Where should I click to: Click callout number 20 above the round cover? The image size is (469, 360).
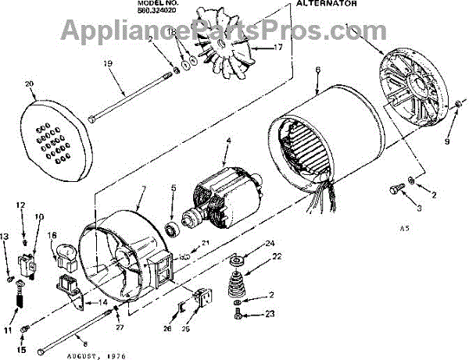(30, 84)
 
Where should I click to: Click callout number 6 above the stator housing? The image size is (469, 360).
(318, 70)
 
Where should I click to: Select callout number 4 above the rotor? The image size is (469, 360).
(228, 141)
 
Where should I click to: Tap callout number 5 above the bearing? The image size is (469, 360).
(174, 187)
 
